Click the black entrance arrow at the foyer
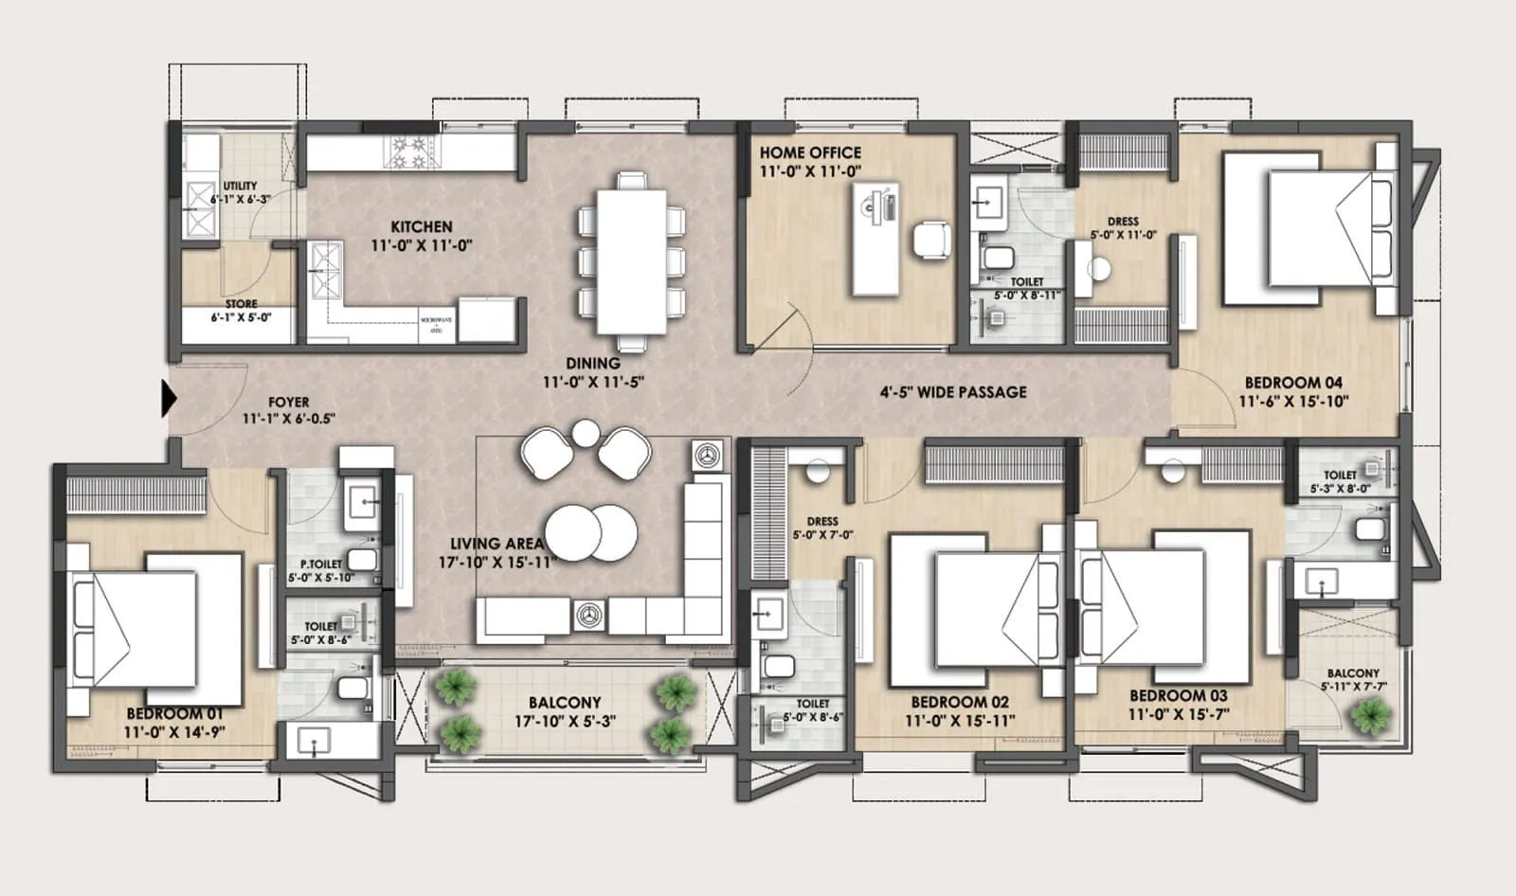coord(169,398)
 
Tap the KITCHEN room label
coord(422,226)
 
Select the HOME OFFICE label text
coord(810,152)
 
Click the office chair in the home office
coord(931,239)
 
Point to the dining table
coord(631,260)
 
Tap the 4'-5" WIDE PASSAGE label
coord(952,392)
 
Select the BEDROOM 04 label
coord(1293,383)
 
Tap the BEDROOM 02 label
coord(960,702)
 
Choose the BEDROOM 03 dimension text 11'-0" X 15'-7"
coord(1178,714)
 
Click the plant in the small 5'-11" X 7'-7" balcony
coord(1371,717)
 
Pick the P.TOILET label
coord(321,564)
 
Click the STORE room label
coord(242,304)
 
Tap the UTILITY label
coord(240,186)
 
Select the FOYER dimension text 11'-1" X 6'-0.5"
coord(289,419)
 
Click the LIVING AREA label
coord(496,544)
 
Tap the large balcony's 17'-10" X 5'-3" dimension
coord(565,721)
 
